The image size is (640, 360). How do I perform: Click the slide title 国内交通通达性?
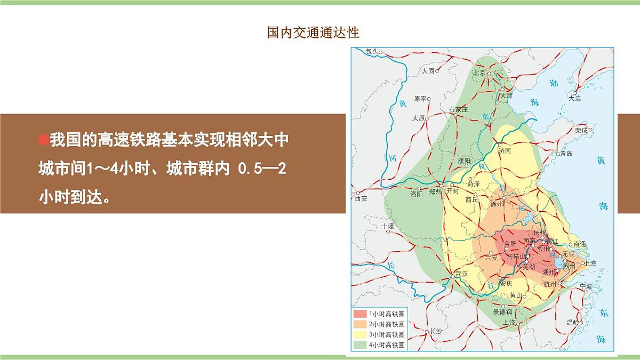[313, 33]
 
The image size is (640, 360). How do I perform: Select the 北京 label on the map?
[479, 73]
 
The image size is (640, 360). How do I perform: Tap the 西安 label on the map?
[361, 198]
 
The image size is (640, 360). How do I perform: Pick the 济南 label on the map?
[505, 151]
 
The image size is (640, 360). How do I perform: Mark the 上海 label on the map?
[589, 263]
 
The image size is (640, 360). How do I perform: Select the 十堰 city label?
[388, 227]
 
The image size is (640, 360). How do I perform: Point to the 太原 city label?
[418, 118]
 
